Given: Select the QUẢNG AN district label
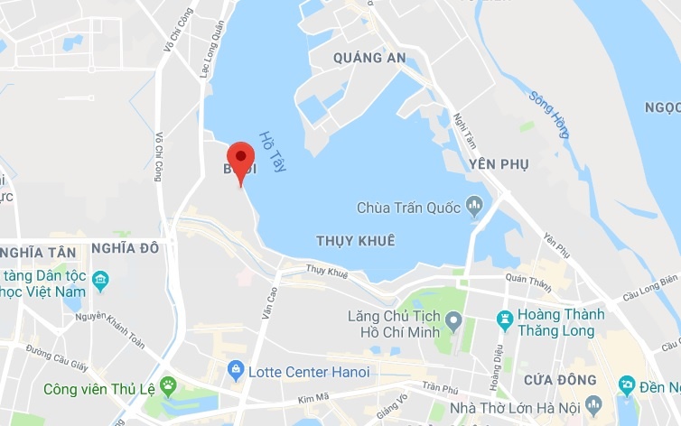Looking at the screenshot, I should point(369,58).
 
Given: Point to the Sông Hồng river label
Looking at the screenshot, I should point(549,114).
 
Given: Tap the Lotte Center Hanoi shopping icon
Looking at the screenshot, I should point(236,370).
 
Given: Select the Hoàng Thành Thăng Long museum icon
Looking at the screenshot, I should point(506,318).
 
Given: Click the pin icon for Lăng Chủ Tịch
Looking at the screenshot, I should point(454,320).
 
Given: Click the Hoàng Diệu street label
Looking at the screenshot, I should point(497,378).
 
